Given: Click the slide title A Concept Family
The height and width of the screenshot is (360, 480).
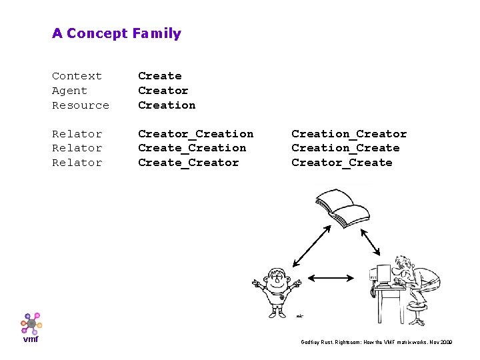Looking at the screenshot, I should (117, 33).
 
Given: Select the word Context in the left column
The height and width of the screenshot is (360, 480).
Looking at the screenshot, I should (77, 76).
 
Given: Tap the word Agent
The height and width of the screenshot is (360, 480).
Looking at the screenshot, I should (69, 91).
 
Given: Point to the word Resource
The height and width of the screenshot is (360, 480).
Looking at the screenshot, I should (81, 105).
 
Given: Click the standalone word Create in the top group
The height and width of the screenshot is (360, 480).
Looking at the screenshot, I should (159, 76).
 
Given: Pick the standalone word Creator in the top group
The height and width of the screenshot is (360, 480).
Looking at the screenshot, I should (163, 91).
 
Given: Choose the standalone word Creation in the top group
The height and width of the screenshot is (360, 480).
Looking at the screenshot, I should (167, 105).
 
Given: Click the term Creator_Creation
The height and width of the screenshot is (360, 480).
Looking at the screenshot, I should (195, 134).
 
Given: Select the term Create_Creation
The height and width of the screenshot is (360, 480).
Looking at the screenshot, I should (192, 148).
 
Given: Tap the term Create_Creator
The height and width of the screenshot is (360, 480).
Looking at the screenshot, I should (188, 163).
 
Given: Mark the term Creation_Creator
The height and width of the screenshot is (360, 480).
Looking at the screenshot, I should (349, 134).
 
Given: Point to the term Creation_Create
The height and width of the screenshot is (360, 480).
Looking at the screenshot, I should (345, 148).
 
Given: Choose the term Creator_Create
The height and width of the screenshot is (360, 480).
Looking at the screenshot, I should (341, 163).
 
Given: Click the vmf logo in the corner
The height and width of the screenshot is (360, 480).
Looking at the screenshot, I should (31, 327).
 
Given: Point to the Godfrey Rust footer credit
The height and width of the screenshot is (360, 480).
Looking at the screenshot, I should (377, 341).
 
